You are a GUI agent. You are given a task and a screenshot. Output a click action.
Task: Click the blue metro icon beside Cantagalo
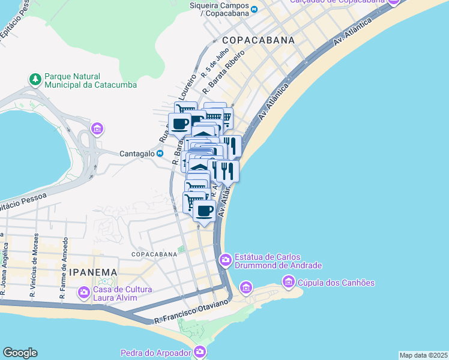click(160, 154)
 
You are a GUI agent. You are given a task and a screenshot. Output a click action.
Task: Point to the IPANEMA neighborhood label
click(92, 272)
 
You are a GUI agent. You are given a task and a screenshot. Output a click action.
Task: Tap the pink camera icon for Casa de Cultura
click(83, 292)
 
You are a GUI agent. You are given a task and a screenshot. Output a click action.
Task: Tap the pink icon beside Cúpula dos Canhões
click(289, 281)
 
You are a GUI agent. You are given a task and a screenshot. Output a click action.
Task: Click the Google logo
click(20, 353)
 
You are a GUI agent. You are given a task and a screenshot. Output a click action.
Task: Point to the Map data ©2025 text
click(424, 355)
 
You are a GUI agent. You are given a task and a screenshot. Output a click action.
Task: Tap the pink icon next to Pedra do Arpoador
click(200, 352)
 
